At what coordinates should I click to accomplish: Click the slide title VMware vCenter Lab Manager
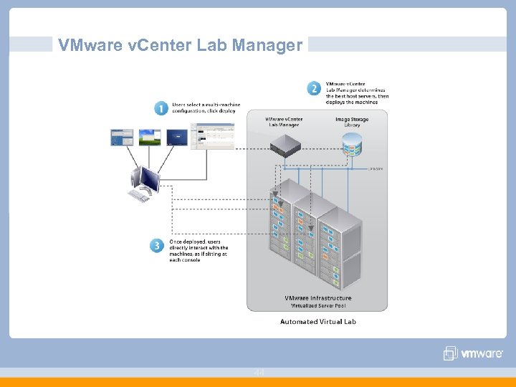pyautogui.click(x=181, y=46)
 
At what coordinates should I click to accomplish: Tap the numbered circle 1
pyautogui.click(x=161, y=108)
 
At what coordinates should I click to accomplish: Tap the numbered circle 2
pyautogui.click(x=314, y=88)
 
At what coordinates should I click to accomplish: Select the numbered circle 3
pyautogui.click(x=157, y=245)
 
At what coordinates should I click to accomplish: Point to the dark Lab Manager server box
pyautogui.click(x=285, y=146)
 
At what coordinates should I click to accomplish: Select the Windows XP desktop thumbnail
pyautogui.click(x=150, y=136)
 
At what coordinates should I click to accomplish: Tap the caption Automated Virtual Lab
pyautogui.click(x=317, y=322)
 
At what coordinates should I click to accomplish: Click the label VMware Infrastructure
pyautogui.click(x=317, y=298)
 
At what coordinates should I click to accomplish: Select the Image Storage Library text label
pyautogui.click(x=352, y=122)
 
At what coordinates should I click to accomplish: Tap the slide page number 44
pyautogui.click(x=258, y=372)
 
